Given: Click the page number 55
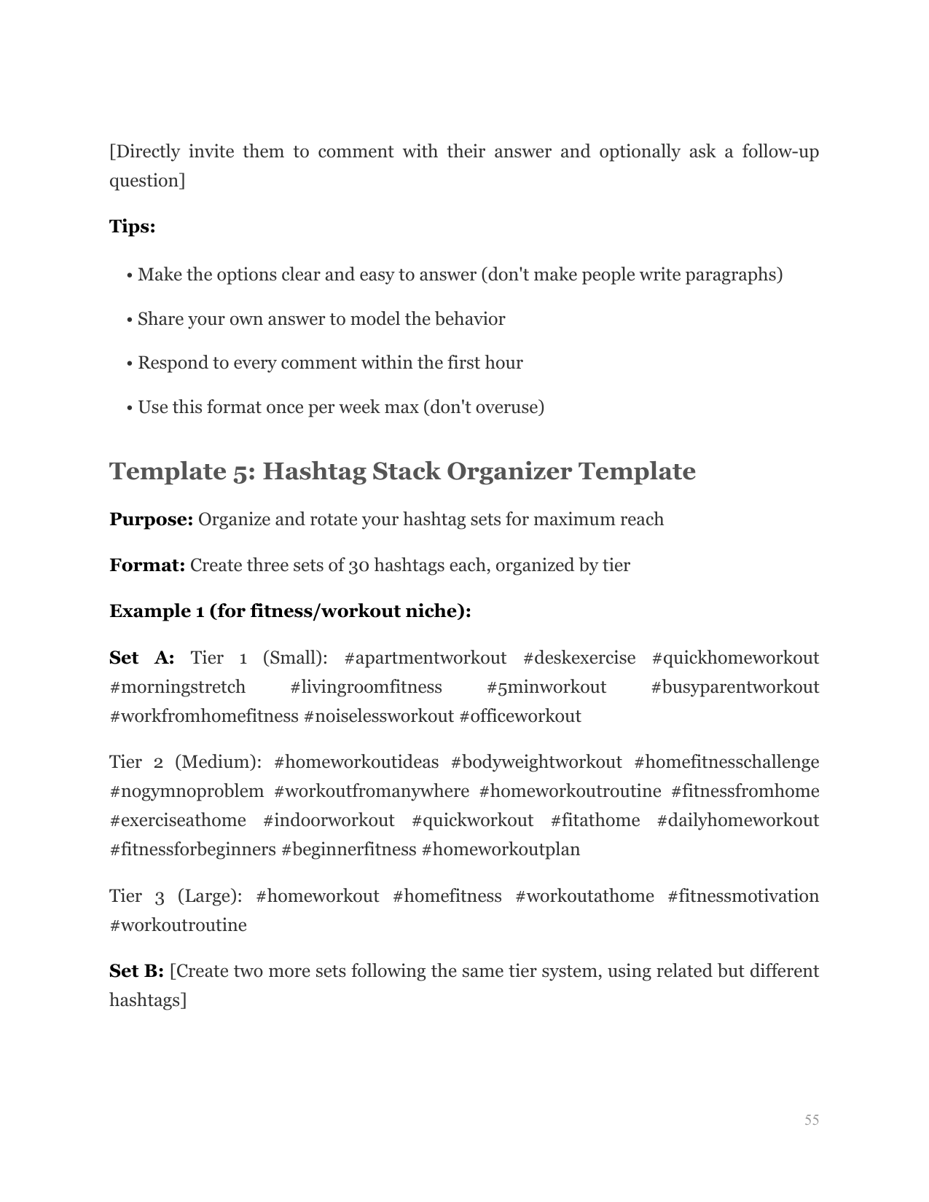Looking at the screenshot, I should [x=812, y=1120].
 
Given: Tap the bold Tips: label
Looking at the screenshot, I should [x=132, y=227].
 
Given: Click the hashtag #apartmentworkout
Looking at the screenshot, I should [x=425, y=658].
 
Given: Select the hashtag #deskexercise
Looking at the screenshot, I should [x=579, y=658].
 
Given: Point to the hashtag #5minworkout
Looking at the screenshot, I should [x=546, y=687].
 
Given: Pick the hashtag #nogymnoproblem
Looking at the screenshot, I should [x=187, y=791].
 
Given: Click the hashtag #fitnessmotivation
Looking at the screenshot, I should [x=742, y=896].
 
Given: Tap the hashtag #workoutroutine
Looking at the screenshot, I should [x=178, y=925].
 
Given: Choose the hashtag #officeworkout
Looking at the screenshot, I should [x=520, y=716].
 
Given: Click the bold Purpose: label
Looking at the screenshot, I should [x=151, y=519].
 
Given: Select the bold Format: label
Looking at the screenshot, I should [x=147, y=565].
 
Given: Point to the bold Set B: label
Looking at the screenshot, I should [x=136, y=971].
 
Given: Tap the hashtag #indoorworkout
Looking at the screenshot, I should [x=329, y=820].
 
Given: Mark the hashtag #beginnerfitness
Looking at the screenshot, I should [x=348, y=849].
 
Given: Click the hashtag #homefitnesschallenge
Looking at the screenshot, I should [x=726, y=762].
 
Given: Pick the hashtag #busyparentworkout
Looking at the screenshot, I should [x=734, y=687].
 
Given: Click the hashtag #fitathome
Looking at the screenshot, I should [x=595, y=820].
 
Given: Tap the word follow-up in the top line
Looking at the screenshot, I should [x=780, y=152].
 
